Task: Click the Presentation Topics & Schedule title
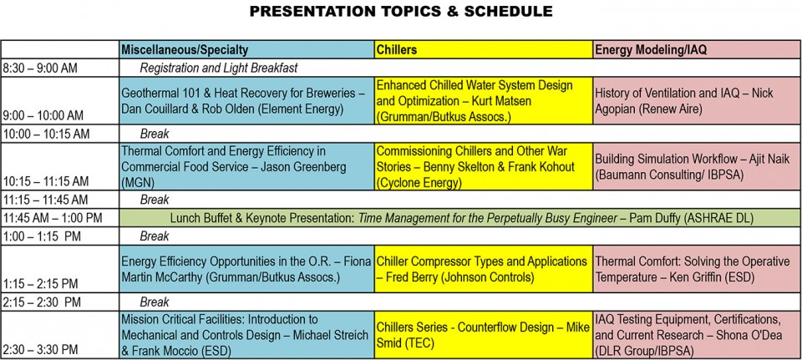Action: tap(401, 11)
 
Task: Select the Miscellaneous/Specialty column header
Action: tap(246, 49)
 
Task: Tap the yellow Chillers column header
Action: tap(484, 49)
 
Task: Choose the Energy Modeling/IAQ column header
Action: tap(697, 49)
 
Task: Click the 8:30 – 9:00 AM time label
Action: tap(40, 68)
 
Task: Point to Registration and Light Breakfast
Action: tap(219, 68)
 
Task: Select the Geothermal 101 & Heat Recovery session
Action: tap(246, 101)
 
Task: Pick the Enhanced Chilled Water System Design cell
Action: tap(484, 101)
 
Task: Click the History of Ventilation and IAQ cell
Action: tap(697, 101)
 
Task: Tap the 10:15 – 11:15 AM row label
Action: tap(45, 181)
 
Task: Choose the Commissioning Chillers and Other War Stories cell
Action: tap(484, 167)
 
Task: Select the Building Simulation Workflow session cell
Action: tap(697, 167)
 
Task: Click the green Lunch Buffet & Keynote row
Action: tap(459, 218)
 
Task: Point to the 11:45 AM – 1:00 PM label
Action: tap(52, 218)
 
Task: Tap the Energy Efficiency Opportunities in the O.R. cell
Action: tap(246, 269)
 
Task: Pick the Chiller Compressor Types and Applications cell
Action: tap(484, 269)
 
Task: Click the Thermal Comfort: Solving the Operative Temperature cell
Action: tap(697, 269)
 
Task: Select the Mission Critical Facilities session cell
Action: tap(246, 334)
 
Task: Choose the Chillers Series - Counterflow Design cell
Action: tap(484, 334)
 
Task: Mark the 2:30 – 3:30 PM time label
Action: tap(40, 350)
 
